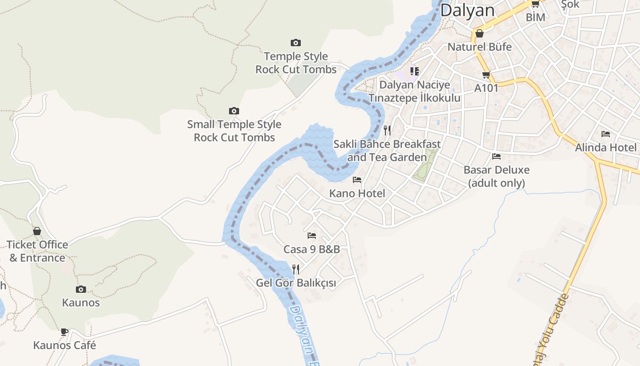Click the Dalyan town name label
point(467,10)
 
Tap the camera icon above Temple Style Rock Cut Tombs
point(296,43)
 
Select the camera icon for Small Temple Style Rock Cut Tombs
point(234,111)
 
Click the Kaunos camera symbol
point(81,289)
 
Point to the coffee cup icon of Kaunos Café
point(64,332)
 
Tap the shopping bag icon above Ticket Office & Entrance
point(37,231)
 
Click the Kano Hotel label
point(357,194)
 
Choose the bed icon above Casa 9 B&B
point(312,236)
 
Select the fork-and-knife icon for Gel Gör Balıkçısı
point(296,269)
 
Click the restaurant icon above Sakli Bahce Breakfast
point(387,130)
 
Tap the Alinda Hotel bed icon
point(606,134)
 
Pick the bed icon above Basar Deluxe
point(496,156)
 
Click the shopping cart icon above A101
point(486,75)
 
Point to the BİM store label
point(535,17)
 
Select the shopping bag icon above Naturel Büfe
point(480,33)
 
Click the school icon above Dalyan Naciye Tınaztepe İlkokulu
point(414,71)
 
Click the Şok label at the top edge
point(570,4)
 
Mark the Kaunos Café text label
point(64,345)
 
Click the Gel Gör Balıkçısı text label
point(296,283)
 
